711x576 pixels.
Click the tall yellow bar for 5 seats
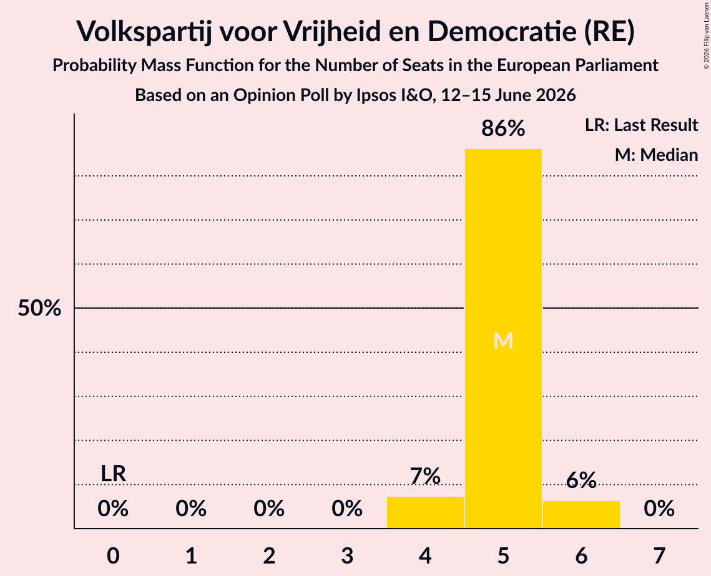coord(503,338)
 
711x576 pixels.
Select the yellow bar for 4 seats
coord(425,512)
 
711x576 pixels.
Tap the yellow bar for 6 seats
coord(581,514)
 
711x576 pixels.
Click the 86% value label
coord(503,128)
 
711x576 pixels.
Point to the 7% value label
coord(425,476)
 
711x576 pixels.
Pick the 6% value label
coord(581,480)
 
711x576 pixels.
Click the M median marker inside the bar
coord(503,340)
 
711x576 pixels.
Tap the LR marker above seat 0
coord(114,474)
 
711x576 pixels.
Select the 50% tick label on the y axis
coord(39,309)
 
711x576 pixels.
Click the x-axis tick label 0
coord(114,555)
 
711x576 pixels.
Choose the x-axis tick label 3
coord(347,555)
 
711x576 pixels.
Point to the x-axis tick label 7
coord(659,555)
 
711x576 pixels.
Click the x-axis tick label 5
coord(503,555)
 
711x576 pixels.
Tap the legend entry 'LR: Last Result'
coord(642,125)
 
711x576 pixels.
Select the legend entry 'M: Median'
coord(657,155)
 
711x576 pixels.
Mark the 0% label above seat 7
coord(659,509)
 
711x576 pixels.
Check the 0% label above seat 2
coord(269,509)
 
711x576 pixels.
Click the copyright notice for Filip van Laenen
coord(706,36)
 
